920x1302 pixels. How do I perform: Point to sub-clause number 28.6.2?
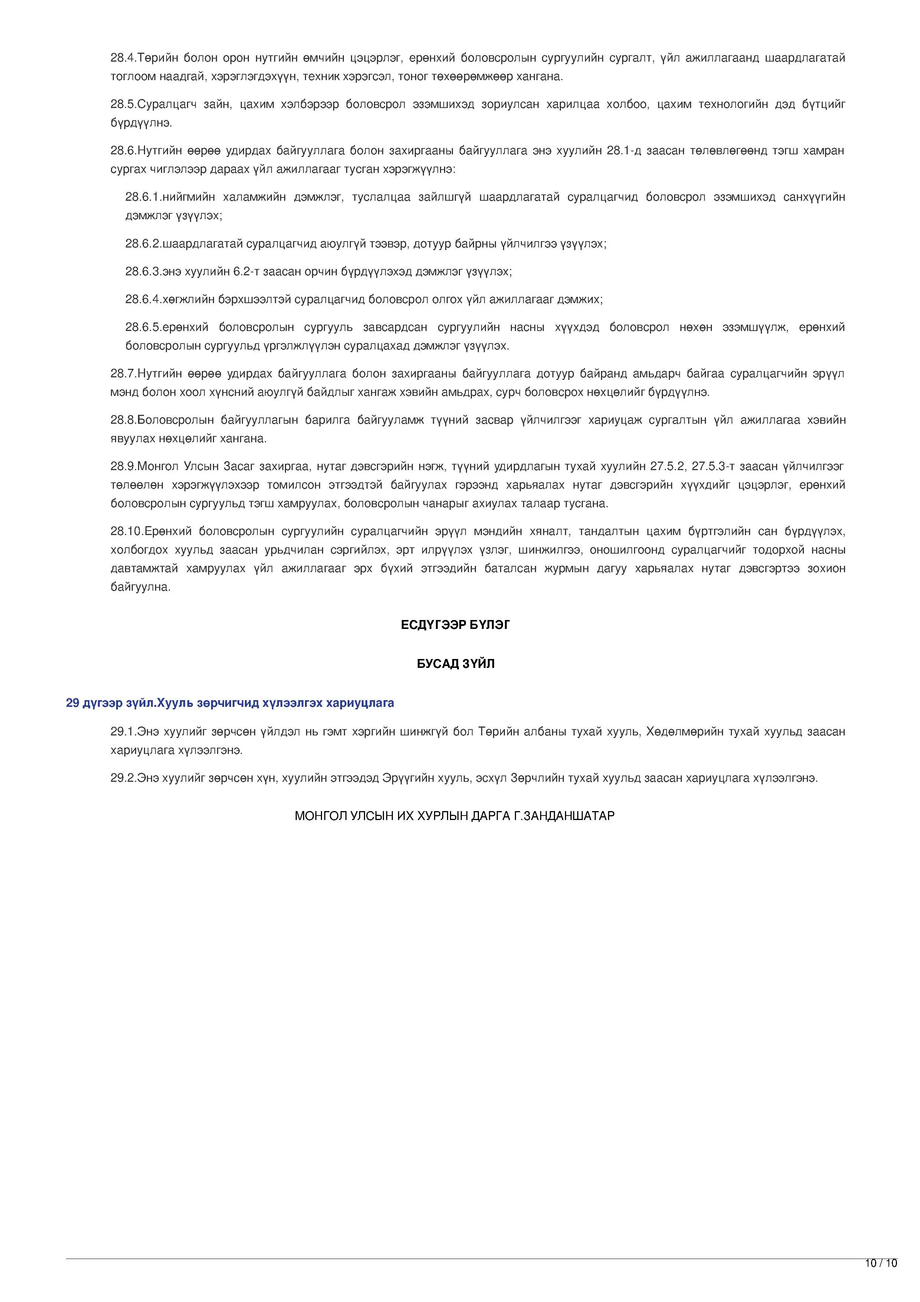143,244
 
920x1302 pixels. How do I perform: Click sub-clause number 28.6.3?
143,272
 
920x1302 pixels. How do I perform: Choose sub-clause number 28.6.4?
143,299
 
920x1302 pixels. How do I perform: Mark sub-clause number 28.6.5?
143,327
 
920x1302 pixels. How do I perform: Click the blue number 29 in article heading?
72,703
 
